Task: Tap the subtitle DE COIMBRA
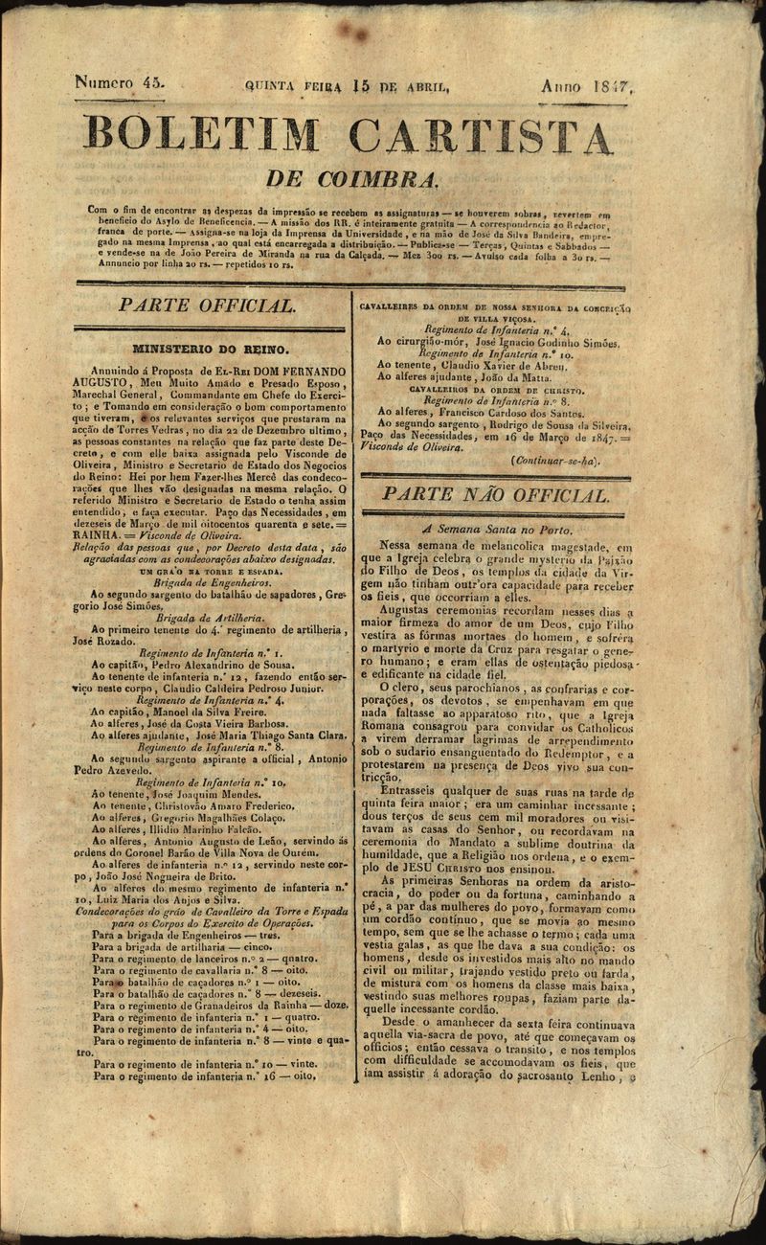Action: pyautogui.click(x=352, y=179)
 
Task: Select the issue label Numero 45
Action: pyautogui.click(x=120, y=83)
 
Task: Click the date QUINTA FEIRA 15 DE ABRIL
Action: pyautogui.click(x=347, y=86)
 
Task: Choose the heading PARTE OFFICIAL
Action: pyautogui.click(x=206, y=306)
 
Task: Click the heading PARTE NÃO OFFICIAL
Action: pyautogui.click(x=495, y=495)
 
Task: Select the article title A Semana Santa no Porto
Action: pyautogui.click(x=497, y=529)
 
